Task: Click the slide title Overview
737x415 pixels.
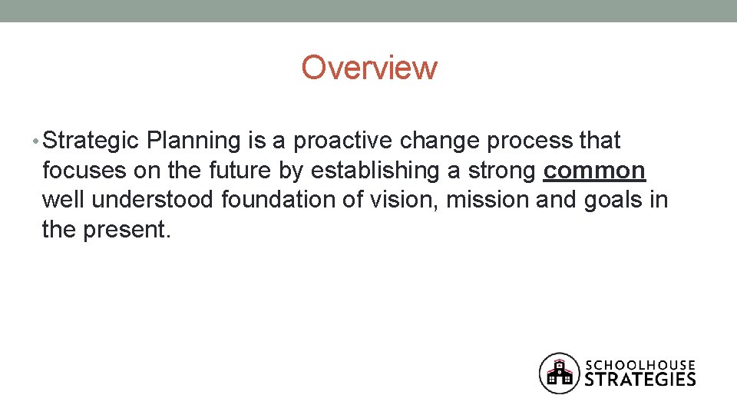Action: pos(368,68)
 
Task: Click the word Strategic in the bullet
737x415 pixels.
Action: pos(91,141)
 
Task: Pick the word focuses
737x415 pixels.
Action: pos(79,170)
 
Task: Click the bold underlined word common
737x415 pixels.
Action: pos(594,171)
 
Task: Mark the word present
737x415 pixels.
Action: pos(127,230)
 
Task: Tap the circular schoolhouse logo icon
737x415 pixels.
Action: pos(559,373)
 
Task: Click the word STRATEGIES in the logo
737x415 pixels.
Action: pos(640,379)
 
